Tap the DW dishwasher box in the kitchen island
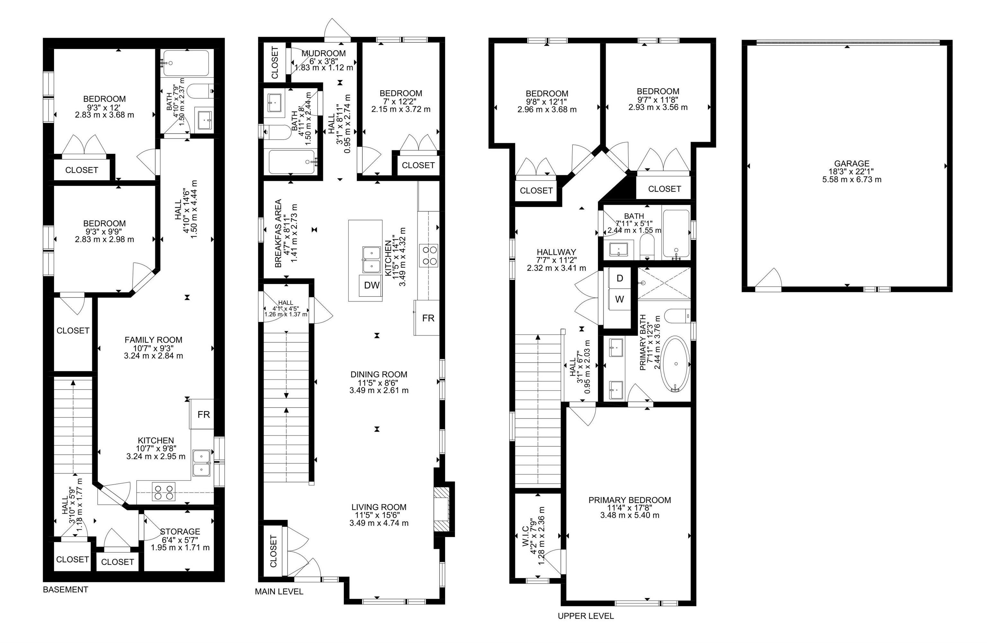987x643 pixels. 372,285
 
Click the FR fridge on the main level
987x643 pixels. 428,318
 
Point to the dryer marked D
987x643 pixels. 619,278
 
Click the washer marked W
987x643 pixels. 619,299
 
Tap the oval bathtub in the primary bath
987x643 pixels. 675,364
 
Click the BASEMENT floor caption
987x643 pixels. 66,589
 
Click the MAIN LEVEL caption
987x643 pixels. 279,592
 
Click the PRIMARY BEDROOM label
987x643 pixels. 629,500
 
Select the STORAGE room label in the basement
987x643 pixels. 180,532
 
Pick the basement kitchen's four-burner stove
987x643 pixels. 164,492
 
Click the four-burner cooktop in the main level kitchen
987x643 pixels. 428,255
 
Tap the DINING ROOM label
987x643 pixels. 378,374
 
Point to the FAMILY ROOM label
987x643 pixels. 154,340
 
